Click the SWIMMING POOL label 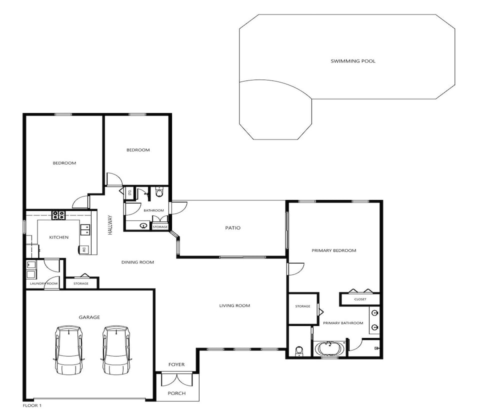click(352, 61)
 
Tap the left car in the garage click(69, 350)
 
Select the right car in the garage click(116, 350)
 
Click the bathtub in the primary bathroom click(329, 348)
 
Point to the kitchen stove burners click(58, 215)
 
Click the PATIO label click(233, 227)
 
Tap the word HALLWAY click(110, 225)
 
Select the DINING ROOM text click(138, 262)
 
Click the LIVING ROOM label click(234, 305)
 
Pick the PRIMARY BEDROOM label click(334, 250)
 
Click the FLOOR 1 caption click(32, 405)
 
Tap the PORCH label click(176, 393)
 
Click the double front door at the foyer click(176, 379)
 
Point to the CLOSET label click(360, 299)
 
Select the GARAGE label click(89, 317)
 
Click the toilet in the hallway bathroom click(159, 192)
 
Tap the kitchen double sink click(85, 229)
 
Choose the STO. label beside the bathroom click(129, 192)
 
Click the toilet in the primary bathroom click(299, 351)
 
